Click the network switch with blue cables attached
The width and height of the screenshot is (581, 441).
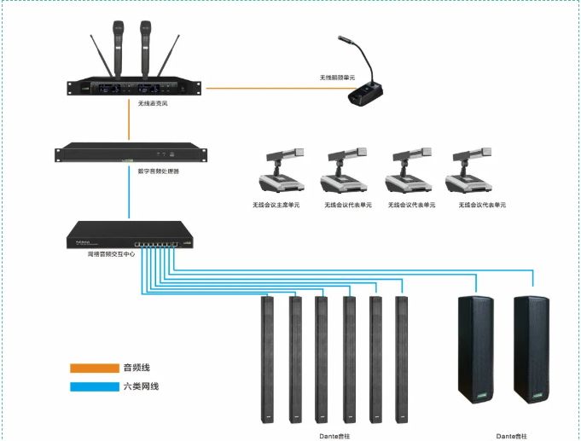click(128, 235)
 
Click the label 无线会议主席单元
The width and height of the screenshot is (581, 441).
click(276, 206)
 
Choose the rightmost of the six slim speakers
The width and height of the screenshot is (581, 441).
click(402, 358)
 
